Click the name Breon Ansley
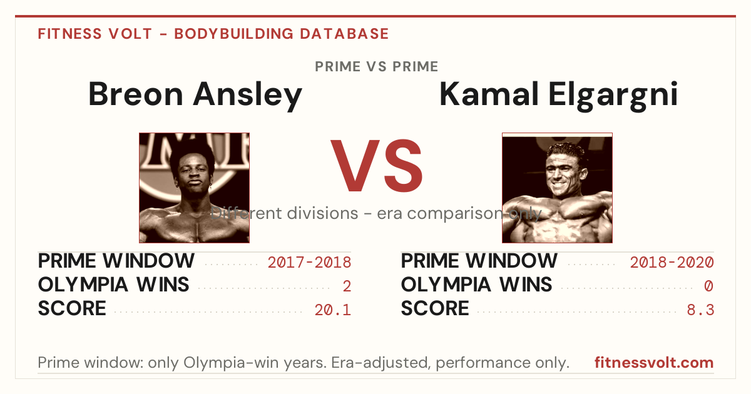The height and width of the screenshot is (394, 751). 195,95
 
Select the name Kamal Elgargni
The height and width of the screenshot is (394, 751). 558,95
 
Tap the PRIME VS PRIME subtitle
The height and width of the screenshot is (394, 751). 377,67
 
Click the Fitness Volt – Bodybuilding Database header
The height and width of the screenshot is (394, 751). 213,34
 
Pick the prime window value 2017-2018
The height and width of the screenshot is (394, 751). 309,262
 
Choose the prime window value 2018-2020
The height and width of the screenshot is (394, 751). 672,262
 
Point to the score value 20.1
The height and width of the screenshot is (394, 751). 332,310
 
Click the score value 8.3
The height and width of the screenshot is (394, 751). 700,310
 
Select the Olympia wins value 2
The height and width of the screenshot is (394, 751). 347,286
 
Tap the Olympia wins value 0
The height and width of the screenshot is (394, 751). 708,286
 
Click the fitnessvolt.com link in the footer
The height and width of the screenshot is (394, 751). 654,363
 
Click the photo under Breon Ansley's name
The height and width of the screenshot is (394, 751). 195,188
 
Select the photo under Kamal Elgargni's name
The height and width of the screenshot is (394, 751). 557,188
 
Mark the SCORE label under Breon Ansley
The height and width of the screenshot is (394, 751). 72,308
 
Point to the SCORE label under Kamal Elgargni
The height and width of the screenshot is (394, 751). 435,308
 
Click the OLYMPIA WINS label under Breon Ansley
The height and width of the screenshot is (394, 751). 114,285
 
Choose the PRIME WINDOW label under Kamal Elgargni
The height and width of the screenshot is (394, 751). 479,261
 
